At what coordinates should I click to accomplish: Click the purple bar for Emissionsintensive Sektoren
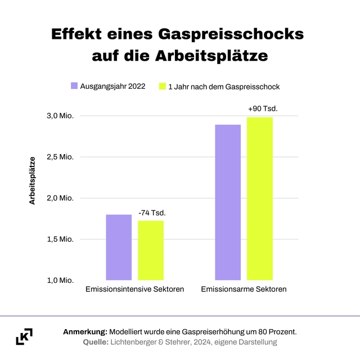point(119,247)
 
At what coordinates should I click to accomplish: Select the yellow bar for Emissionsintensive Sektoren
point(151,250)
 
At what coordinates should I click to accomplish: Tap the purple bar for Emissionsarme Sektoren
point(228,202)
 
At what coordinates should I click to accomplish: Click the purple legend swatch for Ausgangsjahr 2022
point(74,86)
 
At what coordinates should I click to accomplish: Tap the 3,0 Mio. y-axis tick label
point(60,116)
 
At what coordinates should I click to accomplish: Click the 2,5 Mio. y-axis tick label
point(60,157)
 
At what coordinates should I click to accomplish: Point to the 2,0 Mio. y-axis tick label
point(60,198)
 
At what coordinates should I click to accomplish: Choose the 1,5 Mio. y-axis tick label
point(60,239)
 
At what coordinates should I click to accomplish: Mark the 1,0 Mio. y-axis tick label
point(60,280)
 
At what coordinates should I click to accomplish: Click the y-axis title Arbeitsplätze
point(32,180)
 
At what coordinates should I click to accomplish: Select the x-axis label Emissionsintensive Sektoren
point(135,290)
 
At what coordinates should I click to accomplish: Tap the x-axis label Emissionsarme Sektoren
point(244,290)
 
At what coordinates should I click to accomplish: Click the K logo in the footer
point(24,336)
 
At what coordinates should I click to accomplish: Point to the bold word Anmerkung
point(85,332)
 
